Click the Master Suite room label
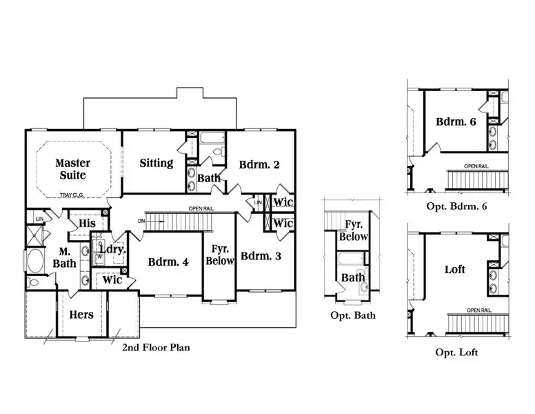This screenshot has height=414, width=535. click(x=73, y=169)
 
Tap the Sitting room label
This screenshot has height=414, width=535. click(x=156, y=164)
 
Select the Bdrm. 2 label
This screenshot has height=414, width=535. click(x=259, y=165)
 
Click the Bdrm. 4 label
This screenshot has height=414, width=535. click(x=169, y=262)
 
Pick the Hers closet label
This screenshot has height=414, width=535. click(x=81, y=315)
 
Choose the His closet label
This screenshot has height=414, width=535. click(x=87, y=224)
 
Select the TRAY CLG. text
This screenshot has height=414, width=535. click(x=72, y=195)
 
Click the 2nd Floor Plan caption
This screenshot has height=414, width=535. click(x=156, y=348)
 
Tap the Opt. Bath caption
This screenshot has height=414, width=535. click(x=353, y=315)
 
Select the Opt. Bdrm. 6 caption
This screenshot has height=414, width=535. click(x=456, y=206)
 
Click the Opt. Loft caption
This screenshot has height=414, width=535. click(x=456, y=353)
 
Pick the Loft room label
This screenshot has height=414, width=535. click(x=454, y=269)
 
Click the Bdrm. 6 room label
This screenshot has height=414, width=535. click(x=456, y=122)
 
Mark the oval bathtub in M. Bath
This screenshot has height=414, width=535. click(x=34, y=263)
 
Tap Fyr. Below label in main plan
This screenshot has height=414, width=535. click(x=220, y=255)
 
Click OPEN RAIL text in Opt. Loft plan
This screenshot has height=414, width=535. click(x=478, y=310)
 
